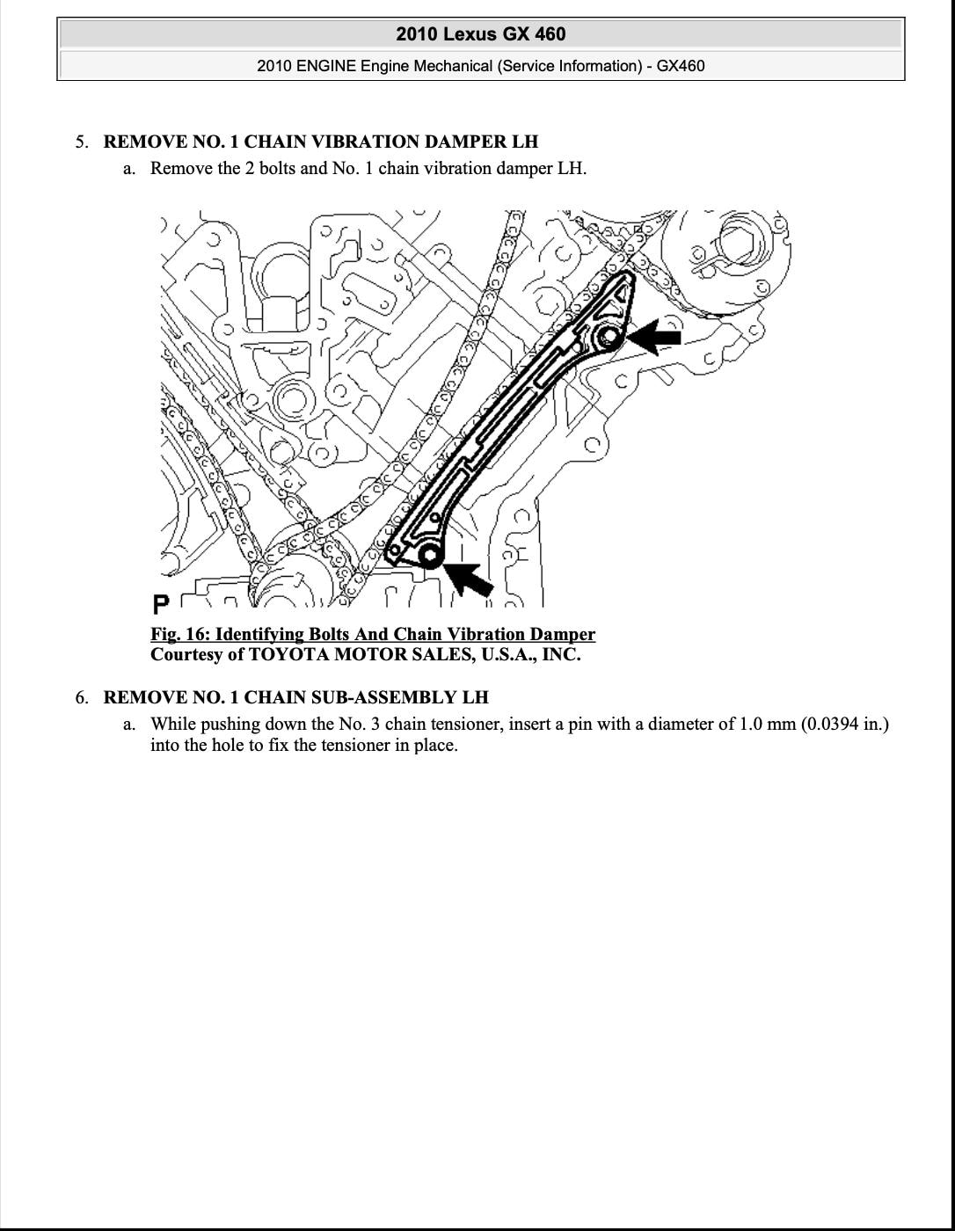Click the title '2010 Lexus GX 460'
pyautogui.click(x=480, y=34)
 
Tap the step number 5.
pyautogui.click(x=81, y=142)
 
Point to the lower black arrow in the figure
pyautogui.click(x=468, y=578)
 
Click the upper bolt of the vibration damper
pyautogui.click(x=608, y=336)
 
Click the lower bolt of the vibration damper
pyautogui.click(x=429, y=555)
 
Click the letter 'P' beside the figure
pyautogui.click(x=161, y=604)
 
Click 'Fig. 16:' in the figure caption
pyautogui.click(x=180, y=635)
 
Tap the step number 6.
pyautogui.click(x=81, y=698)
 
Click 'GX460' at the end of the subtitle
pyautogui.click(x=680, y=66)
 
